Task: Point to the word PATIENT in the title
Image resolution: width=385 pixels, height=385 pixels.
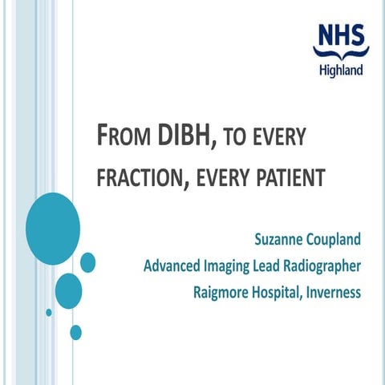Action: coord(291,176)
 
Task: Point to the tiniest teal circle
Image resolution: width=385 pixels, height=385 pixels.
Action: coord(49,312)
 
